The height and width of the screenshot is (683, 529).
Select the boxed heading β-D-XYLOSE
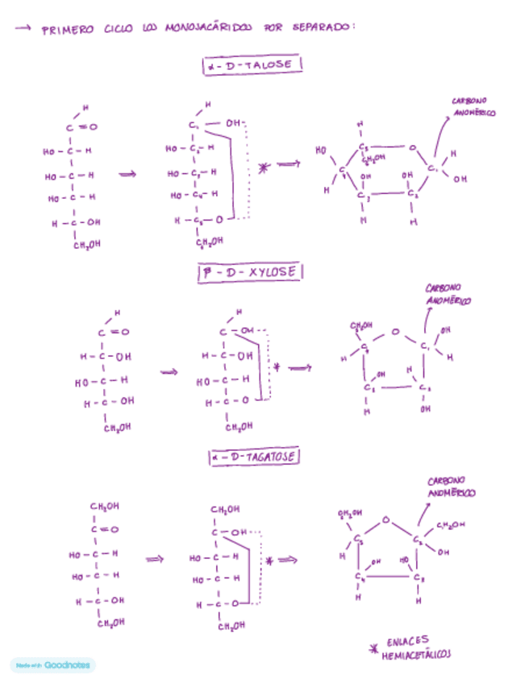point(250,273)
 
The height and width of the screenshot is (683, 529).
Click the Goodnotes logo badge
point(53,665)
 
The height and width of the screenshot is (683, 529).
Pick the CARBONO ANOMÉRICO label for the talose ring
point(473,107)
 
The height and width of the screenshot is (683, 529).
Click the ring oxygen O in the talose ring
point(412,148)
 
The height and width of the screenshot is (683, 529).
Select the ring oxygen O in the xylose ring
point(395,330)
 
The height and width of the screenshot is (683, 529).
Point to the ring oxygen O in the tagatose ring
point(385,519)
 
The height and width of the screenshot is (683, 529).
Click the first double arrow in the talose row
point(127,173)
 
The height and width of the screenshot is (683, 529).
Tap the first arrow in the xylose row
point(169,372)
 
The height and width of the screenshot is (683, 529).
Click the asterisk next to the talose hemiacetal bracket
point(264,168)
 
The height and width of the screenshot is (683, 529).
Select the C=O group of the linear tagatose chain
point(106,529)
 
